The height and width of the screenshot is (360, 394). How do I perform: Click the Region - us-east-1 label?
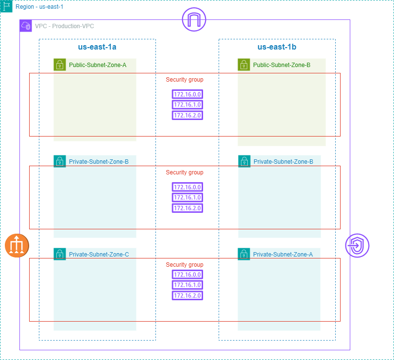39,7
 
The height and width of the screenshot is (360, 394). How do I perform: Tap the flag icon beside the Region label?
7,6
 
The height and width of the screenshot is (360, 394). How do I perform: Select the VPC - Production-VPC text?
64,26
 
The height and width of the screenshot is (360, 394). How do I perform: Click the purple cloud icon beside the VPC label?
26,26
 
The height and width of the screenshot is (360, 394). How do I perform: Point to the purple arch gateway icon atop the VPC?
194,20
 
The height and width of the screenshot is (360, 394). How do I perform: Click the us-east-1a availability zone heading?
97,47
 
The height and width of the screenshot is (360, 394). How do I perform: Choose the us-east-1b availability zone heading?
277,47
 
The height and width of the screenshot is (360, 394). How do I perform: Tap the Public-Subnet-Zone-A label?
98,65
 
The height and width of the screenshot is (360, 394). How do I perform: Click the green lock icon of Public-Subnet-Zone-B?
244,65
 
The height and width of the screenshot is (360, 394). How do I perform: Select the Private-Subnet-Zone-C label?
99,254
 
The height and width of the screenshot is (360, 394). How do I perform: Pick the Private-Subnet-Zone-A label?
283,254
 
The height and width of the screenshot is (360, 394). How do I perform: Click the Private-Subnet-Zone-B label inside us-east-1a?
99,161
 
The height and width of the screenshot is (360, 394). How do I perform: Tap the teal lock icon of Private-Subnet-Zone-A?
244,254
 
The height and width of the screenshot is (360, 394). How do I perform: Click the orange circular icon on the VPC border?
17,245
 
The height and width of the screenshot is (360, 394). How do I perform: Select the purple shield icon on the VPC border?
357,245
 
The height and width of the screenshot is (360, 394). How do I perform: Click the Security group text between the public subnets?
185,80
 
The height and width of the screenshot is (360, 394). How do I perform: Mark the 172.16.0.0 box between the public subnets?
188,94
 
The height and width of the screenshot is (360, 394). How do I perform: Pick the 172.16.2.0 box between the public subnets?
188,116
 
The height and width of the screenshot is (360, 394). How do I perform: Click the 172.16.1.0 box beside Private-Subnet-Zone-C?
188,285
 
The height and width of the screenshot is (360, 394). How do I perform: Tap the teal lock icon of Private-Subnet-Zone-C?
60,254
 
